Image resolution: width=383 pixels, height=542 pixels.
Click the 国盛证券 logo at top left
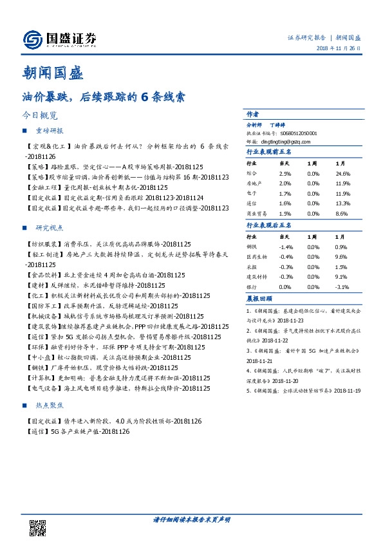[59, 39]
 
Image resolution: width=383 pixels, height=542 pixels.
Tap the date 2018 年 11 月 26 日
[338, 50]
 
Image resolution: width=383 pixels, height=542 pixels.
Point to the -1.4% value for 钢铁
[286, 247]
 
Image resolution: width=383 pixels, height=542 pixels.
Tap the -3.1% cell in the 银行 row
[342, 285]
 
